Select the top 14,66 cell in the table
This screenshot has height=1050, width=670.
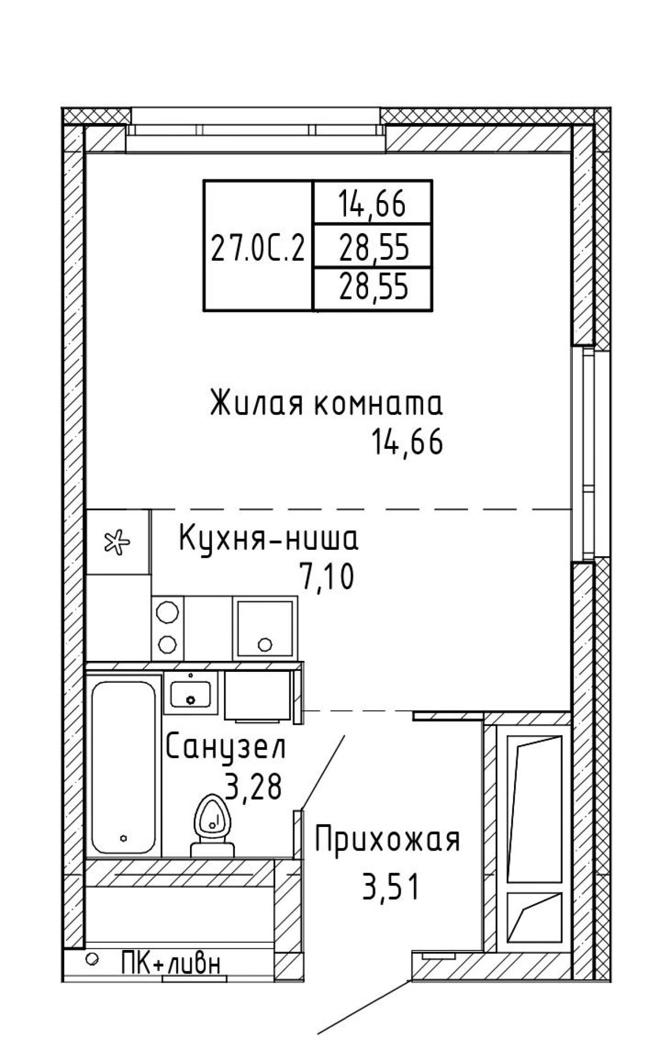click(x=372, y=203)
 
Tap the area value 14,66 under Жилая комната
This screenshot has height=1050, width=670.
click(x=407, y=442)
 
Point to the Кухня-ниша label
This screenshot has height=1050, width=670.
click(x=269, y=538)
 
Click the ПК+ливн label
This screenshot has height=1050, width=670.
click(x=170, y=963)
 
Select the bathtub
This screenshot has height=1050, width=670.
click(x=124, y=767)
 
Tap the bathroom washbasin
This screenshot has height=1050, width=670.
click(x=191, y=693)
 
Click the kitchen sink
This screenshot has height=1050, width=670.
click(x=265, y=628)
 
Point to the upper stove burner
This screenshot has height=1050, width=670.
click(x=167, y=612)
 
